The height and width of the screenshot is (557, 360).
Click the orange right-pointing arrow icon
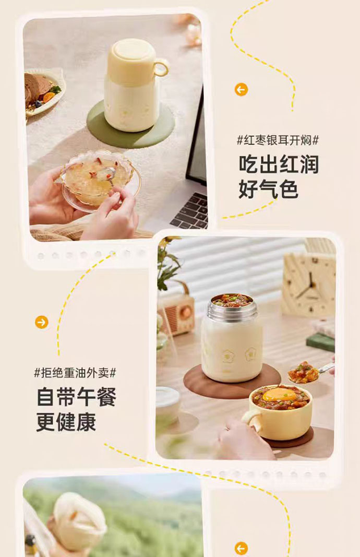point(42,322)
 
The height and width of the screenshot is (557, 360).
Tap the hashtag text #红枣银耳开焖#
point(278,140)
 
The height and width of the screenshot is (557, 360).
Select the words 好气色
point(268,188)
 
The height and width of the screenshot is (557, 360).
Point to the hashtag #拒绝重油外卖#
point(75,373)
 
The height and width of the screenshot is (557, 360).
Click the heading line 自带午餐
point(77,397)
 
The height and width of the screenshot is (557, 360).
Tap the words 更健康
point(66,422)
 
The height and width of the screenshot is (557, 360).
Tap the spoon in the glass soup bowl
point(111,175)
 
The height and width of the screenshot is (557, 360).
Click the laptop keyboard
point(191,211)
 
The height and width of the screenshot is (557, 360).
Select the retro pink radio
point(176,311)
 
